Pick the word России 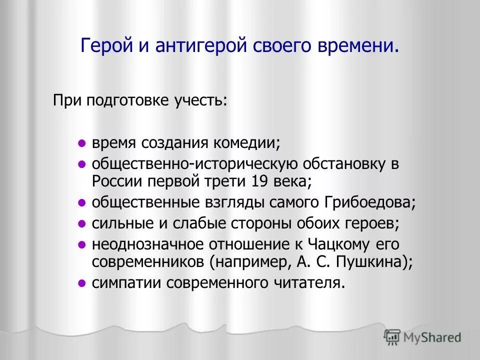[116, 180]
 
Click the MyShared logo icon [392, 337]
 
